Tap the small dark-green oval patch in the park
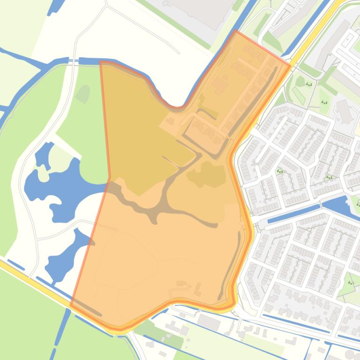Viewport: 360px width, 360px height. click(83, 93)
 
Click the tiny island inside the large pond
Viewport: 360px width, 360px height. click(43, 174)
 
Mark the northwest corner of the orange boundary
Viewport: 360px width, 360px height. click(101, 62)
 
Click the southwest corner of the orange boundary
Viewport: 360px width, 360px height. click(71, 305)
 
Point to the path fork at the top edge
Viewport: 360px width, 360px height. click(106, 6)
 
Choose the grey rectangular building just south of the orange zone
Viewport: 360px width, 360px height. click(209, 321)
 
